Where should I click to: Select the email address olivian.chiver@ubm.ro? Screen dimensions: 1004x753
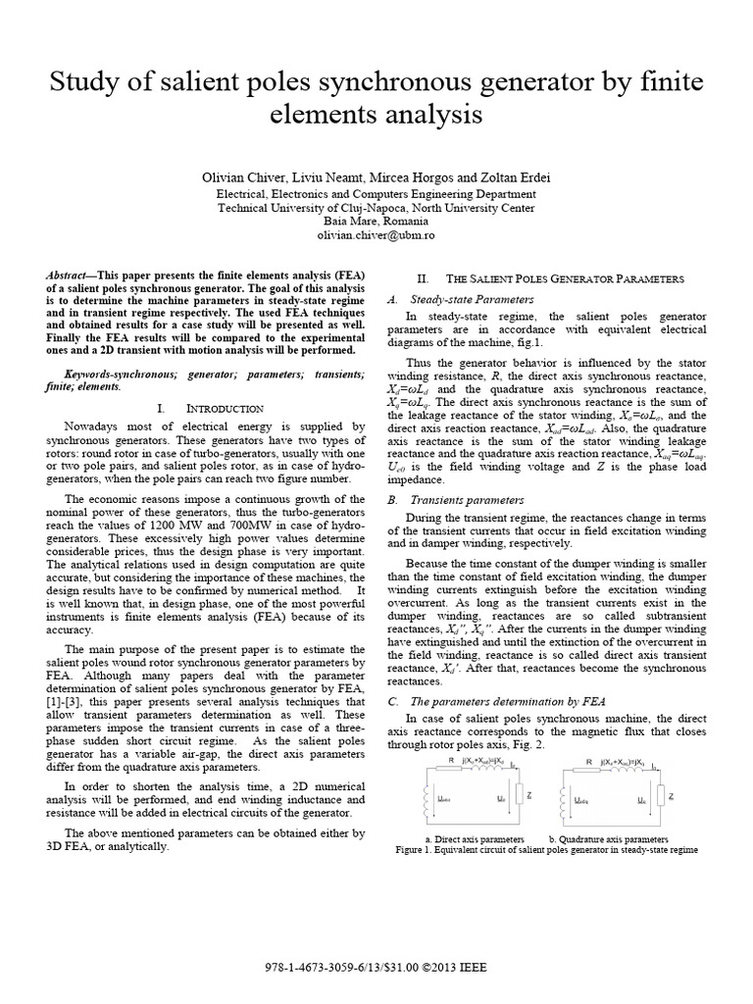click(x=376, y=236)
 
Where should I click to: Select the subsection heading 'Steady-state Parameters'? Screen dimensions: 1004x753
click(x=465, y=299)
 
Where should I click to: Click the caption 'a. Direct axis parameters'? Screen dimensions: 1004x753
click(x=475, y=840)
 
